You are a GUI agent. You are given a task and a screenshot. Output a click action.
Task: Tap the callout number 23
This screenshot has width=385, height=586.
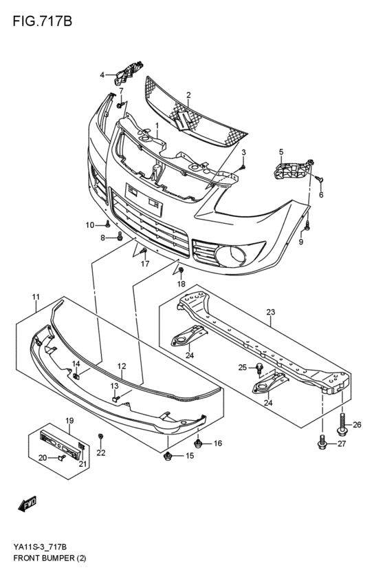click(270, 312)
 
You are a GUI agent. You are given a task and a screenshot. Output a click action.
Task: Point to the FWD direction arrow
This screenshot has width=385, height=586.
click(27, 506)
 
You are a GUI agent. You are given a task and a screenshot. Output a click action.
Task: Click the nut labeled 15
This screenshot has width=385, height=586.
click(168, 456)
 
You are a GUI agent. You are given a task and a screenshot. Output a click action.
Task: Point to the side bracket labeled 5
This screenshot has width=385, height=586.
click(292, 169)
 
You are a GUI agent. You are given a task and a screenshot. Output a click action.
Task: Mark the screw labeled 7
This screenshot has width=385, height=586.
click(120, 105)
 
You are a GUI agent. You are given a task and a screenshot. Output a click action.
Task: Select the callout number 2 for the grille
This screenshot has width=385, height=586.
click(188, 95)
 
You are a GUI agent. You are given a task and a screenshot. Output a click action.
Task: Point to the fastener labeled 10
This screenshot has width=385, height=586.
click(107, 224)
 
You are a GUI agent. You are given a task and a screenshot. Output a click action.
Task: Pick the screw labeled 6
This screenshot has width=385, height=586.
click(320, 179)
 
